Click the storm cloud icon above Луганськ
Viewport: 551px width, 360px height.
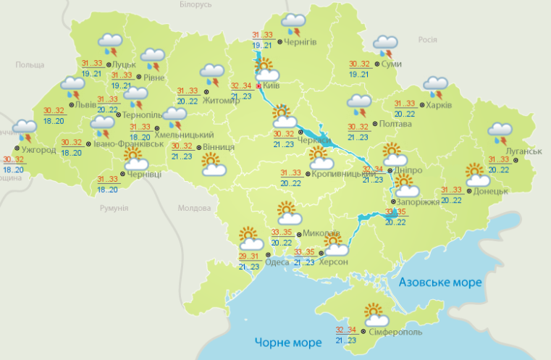(x=500, y=132)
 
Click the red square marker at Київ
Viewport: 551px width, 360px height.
(x=258, y=85)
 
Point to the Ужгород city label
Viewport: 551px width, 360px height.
(x=38, y=150)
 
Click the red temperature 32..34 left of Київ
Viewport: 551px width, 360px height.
(x=242, y=85)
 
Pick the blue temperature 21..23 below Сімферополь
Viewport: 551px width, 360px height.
(x=346, y=340)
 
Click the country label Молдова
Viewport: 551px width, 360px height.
(x=193, y=208)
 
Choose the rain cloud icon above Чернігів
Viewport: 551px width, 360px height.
(x=293, y=22)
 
